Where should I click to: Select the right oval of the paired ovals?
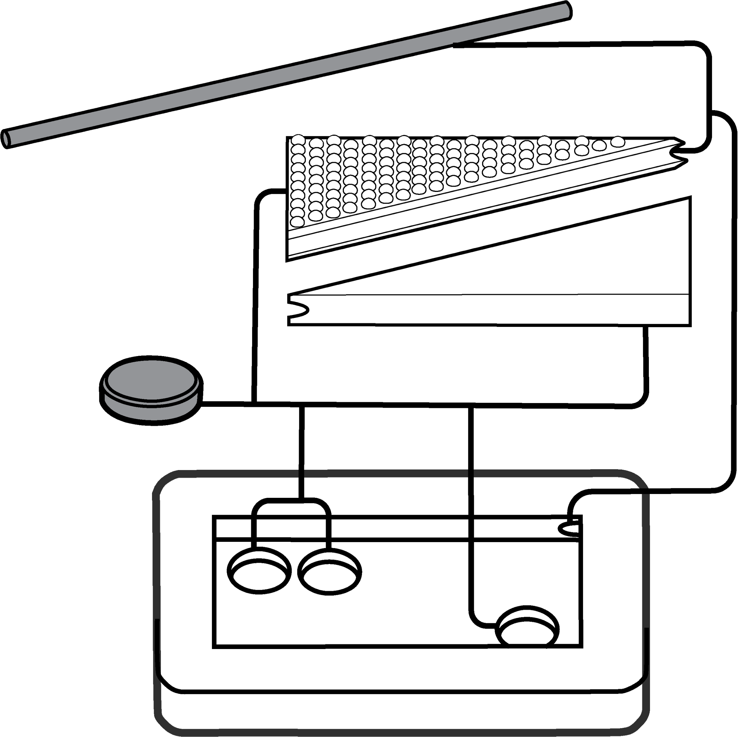(x=332, y=575)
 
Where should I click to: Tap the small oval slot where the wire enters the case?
(x=570, y=529)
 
